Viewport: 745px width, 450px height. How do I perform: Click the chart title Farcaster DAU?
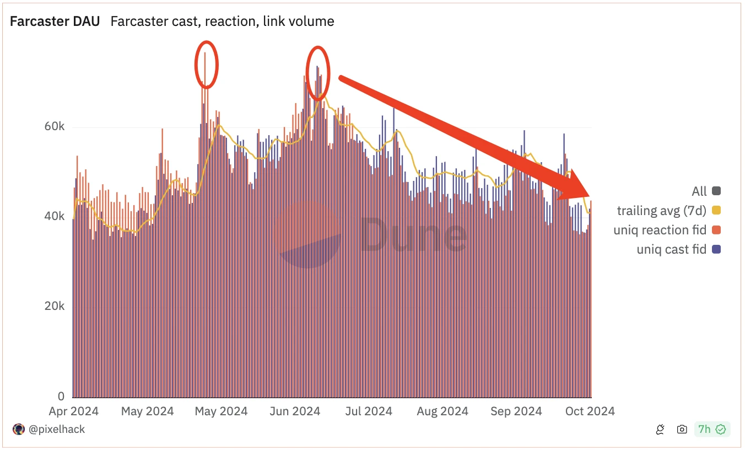pyautogui.click(x=55, y=22)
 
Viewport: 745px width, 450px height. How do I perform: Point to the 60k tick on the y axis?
pyautogui.click(x=55, y=127)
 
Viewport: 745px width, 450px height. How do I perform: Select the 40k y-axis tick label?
pyautogui.click(x=55, y=217)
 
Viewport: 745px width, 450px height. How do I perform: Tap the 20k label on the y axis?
pyautogui.click(x=55, y=307)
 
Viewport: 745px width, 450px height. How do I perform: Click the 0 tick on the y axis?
pyautogui.click(x=61, y=396)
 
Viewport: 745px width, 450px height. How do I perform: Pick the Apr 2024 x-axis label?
pyautogui.click(x=74, y=411)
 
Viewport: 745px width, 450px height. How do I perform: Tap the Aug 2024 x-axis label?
pyautogui.click(x=442, y=411)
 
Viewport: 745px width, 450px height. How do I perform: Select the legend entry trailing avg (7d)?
pyautogui.click(x=661, y=210)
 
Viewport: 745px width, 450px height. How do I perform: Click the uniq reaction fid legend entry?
pyautogui.click(x=660, y=230)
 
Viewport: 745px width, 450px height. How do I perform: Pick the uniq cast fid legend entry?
pyautogui.click(x=671, y=249)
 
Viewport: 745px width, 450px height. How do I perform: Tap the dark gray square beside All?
pyautogui.click(x=716, y=191)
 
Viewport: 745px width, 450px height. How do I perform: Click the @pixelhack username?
pyautogui.click(x=56, y=429)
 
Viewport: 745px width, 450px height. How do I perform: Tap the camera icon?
pyautogui.click(x=682, y=430)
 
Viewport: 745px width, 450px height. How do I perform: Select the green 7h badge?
pyautogui.click(x=712, y=430)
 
